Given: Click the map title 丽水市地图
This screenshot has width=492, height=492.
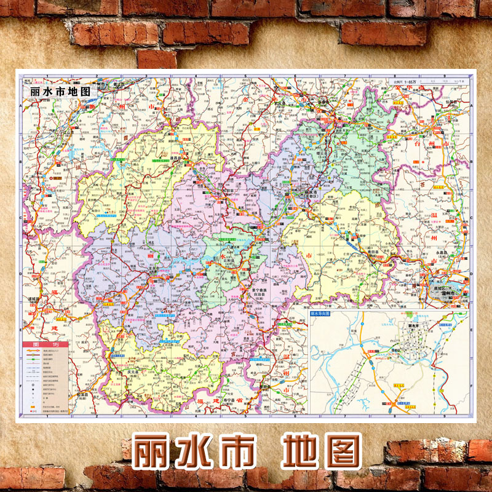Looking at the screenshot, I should click(60, 90).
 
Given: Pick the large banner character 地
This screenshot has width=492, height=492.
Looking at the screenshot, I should click(301, 452).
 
